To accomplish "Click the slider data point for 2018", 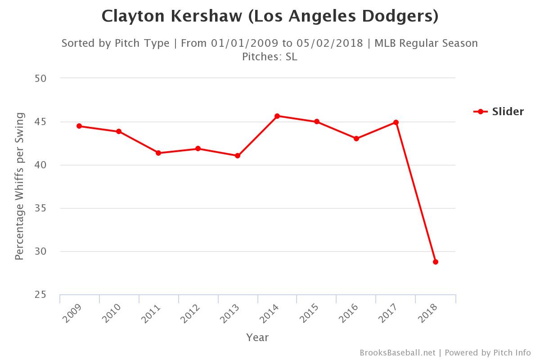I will click(x=436, y=262).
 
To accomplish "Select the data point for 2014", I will click(x=277, y=116).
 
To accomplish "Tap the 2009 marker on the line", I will click(x=79, y=126).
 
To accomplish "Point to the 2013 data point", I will click(x=238, y=156).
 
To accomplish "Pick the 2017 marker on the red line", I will click(x=396, y=122).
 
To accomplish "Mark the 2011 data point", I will click(x=158, y=153).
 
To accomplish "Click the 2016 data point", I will click(x=356, y=139).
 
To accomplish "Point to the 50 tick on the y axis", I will click(x=40, y=78).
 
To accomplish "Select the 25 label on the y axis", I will click(x=40, y=295).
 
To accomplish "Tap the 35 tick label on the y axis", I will click(x=40, y=208).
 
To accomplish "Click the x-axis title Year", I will click(x=257, y=337).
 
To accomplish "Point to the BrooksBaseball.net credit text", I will click(x=397, y=352).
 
